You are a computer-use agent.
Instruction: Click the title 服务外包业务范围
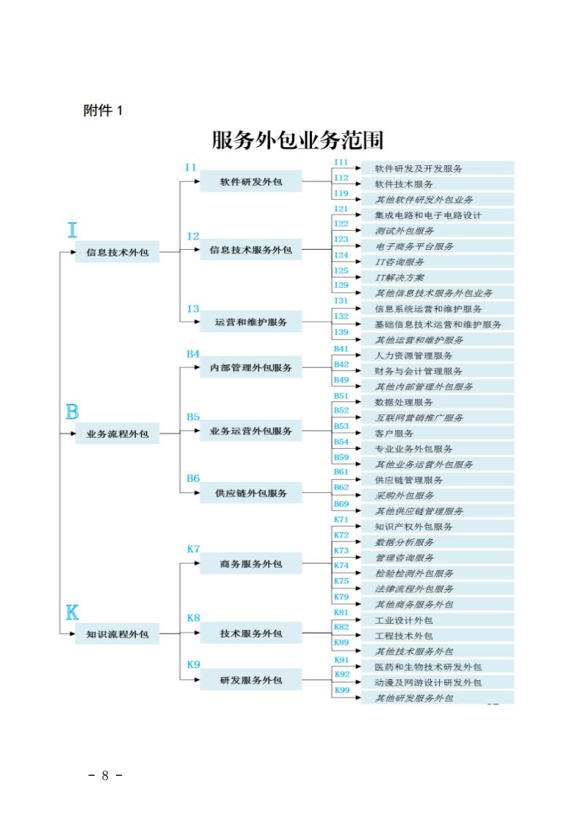tap(297, 140)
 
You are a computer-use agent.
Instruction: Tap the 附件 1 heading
tap(103, 110)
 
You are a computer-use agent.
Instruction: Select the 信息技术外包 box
tap(117, 252)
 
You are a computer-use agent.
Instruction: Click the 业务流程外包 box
tap(117, 433)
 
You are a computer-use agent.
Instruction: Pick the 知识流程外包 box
tap(117, 634)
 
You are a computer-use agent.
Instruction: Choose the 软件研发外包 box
tap(251, 181)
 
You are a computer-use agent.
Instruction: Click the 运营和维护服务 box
tap(251, 322)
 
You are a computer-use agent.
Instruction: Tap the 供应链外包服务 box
tap(251, 493)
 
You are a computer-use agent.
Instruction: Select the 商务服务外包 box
tap(251, 563)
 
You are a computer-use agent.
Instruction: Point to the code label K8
tap(193, 618)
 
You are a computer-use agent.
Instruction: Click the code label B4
tap(193, 354)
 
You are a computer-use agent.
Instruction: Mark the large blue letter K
tap(72, 613)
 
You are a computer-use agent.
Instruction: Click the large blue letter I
tap(73, 230)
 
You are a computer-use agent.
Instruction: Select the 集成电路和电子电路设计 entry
tap(428, 215)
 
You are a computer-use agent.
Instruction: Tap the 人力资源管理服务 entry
tap(413, 356)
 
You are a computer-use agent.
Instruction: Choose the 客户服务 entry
tap(394, 433)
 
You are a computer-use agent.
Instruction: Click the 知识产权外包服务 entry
tap(413, 527)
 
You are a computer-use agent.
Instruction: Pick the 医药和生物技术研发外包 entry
tap(428, 667)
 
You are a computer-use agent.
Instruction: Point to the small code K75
tap(341, 581)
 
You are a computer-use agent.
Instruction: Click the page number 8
tap(105, 776)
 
